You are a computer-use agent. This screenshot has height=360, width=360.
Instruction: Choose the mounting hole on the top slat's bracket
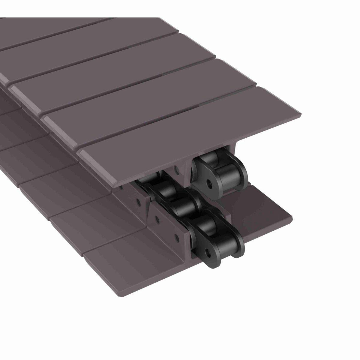coord(179,171)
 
